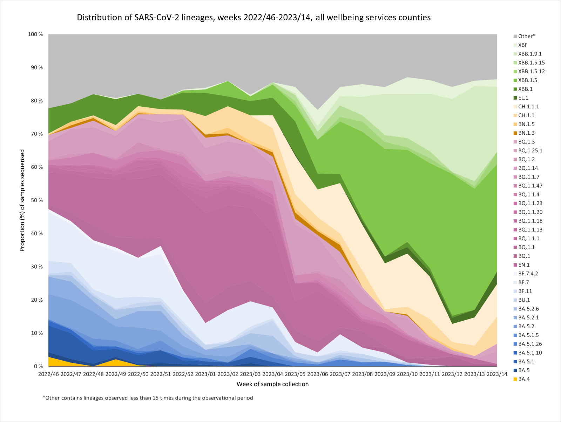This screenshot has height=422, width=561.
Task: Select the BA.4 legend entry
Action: click(x=524, y=379)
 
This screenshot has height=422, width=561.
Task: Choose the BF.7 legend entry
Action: click(x=523, y=282)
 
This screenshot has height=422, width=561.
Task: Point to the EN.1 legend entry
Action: click(x=524, y=265)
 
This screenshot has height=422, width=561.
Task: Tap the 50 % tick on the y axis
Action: click(x=35, y=200)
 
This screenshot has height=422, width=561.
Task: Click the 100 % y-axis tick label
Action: click(x=35, y=34)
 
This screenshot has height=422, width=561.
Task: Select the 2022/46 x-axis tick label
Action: click(x=48, y=374)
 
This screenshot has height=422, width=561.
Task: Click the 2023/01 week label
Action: click(x=205, y=374)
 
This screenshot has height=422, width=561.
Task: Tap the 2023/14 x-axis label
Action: click(x=497, y=374)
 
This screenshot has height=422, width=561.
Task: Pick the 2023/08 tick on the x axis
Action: click(x=363, y=374)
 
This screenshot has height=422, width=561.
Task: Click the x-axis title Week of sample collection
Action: click(x=272, y=384)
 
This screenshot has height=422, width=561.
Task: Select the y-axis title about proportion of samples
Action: click(x=22, y=200)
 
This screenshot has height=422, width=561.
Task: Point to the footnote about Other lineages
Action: click(x=148, y=398)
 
